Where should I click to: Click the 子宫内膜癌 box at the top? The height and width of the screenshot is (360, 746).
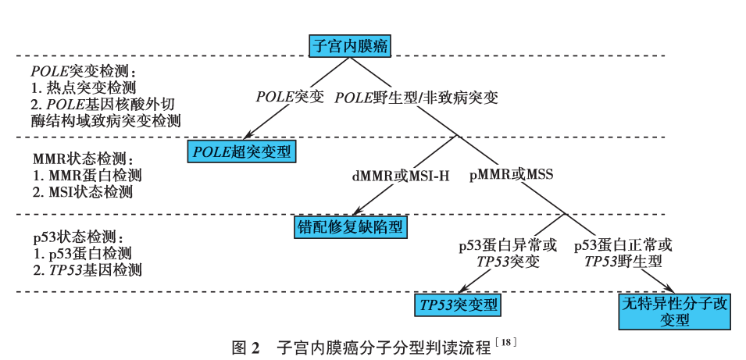(x=350, y=45)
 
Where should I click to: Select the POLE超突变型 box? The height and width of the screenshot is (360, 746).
(x=242, y=151)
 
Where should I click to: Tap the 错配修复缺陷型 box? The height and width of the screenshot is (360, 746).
(x=352, y=226)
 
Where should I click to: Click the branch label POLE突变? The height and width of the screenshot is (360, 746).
(x=290, y=98)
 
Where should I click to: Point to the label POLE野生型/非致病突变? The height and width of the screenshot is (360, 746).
(x=417, y=98)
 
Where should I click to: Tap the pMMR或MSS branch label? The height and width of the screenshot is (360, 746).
(x=511, y=174)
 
